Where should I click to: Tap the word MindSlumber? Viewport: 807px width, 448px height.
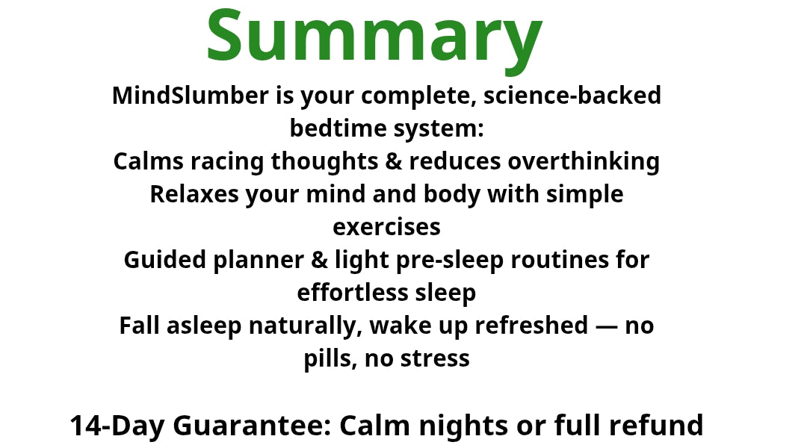pyautogui.click(x=191, y=96)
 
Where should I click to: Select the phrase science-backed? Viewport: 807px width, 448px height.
pyautogui.click(x=572, y=96)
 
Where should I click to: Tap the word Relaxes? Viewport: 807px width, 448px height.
pyautogui.click(x=194, y=194)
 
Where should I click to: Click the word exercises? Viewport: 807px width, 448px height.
pyautogui.click(x=386, y=227)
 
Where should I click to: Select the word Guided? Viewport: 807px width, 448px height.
pyautogui.click(x=164, y=260)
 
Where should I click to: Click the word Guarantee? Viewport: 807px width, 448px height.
pyautogui.click(x=252, y=426)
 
